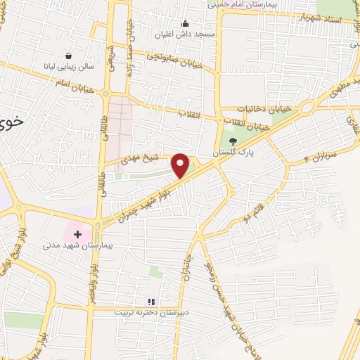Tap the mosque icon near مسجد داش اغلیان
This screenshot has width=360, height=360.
point(185,23)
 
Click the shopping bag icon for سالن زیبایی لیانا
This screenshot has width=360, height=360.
point(68,56)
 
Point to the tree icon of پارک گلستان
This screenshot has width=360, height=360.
point(233,141)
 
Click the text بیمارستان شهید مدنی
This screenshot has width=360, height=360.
point(72,246)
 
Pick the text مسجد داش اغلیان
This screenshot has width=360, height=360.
point(185,33)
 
